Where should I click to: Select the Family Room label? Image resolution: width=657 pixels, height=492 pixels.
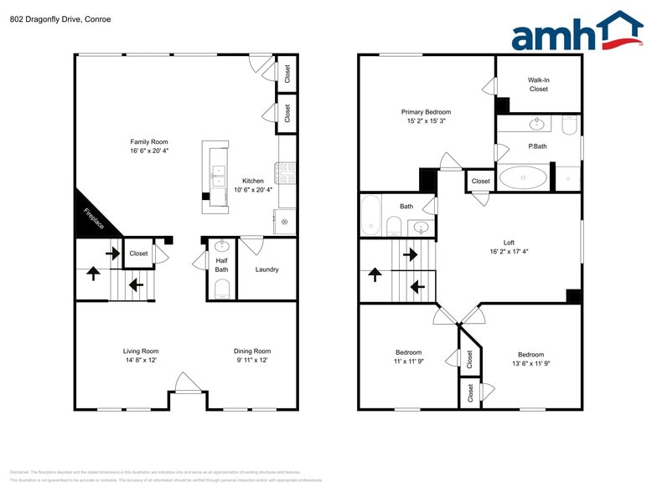[149, 142]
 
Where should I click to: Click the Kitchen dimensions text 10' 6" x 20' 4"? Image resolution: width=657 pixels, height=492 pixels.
[253, 191]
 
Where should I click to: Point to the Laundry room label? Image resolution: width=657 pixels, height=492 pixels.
[267, 269]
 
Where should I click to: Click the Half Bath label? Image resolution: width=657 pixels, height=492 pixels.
[221, 264]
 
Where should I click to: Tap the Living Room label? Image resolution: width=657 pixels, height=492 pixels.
[141, 351]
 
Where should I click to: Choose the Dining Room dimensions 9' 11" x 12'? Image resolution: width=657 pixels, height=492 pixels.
[251, 361]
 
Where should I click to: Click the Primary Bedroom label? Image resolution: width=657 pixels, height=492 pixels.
[426, 112]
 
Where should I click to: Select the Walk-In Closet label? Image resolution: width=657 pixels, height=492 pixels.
[538, 85]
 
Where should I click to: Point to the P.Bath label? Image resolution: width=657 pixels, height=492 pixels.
[537, 146]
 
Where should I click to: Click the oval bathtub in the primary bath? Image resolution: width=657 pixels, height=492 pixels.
[524, 177]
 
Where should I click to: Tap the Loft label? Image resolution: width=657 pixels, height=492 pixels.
[509, 243]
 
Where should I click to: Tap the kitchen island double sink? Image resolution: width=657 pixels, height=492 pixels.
[219, 176]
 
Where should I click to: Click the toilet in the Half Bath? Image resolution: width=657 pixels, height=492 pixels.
[222, 290]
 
